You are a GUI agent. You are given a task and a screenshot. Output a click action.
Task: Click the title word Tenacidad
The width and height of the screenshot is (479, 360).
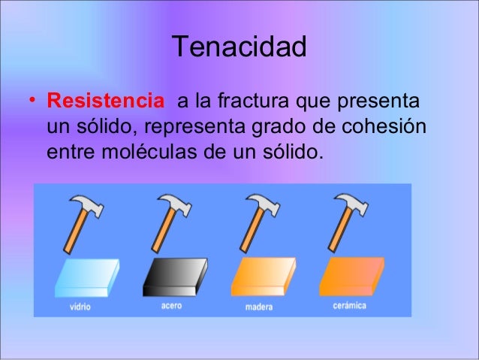(239, 48)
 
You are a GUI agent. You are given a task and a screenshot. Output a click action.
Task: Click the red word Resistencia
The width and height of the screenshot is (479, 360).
(104, 101)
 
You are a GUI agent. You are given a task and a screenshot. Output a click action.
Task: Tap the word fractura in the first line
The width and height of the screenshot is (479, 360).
(252, 101)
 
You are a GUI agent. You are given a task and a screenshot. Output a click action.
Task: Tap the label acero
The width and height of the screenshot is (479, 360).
(171, 306)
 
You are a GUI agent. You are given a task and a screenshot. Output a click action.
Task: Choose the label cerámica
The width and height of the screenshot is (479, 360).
(349, 306)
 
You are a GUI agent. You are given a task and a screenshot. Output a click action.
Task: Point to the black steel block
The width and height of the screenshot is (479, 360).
(174, 277)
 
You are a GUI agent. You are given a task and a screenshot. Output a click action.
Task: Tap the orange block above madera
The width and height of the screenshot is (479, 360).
(263, 278)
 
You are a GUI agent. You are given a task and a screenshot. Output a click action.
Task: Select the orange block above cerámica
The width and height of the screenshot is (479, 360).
(351, 277)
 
